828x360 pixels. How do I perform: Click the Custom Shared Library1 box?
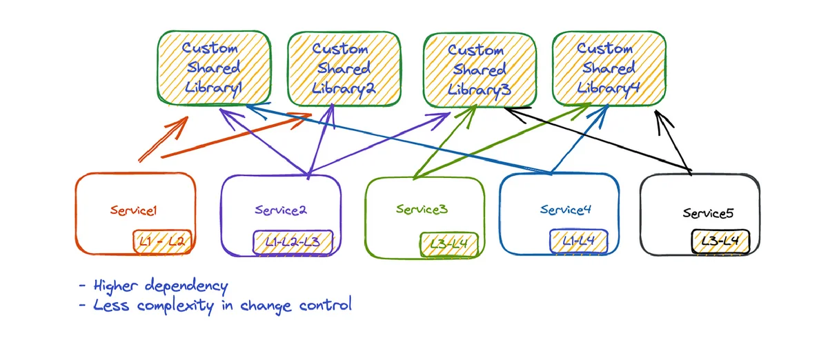[214, 68]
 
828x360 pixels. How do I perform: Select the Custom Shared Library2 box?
[344, 69]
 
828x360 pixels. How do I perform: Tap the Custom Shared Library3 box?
[480, 70]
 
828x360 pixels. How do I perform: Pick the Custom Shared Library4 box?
[609, 68]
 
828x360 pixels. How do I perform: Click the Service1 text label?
[134, 210]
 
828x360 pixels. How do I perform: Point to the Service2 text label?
[281, 210]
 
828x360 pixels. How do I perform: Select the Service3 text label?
[422, 209]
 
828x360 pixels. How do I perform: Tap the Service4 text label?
[566, 210]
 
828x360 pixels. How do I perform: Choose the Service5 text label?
[708, 213]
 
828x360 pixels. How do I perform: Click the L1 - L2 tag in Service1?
[162, 242]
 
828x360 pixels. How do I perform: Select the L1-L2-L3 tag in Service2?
[293, 242]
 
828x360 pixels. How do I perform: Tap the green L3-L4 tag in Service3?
[449, 244]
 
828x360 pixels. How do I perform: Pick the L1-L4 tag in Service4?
[578, 241]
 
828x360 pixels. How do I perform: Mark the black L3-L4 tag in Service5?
[720, 242]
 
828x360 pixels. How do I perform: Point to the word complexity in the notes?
[175, 306]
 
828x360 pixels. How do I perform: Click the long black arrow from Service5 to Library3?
[598, 140]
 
